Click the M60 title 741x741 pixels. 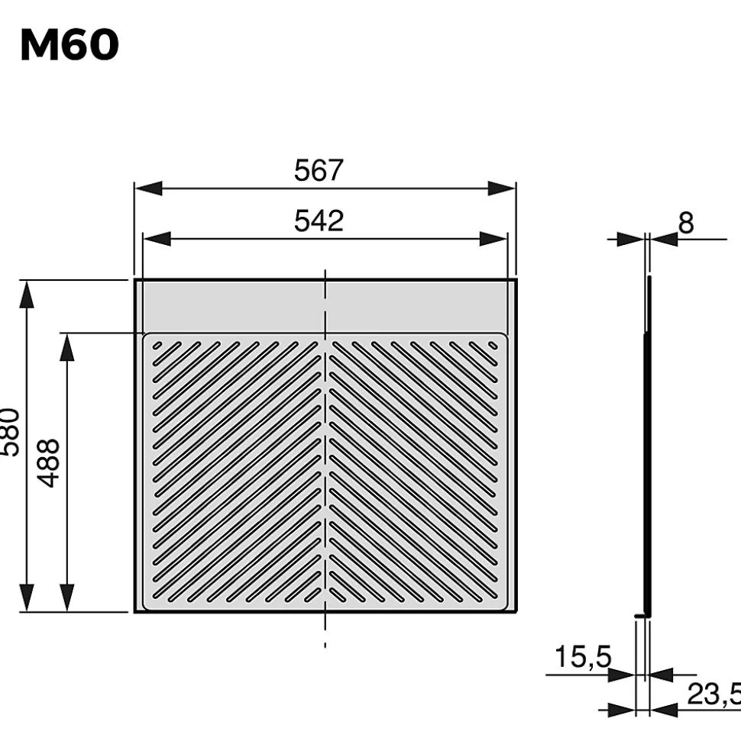point(70,47)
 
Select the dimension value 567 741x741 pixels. point(319,171)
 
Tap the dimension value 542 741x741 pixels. point(319,221)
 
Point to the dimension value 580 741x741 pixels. point(9,443)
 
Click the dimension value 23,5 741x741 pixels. point(712,694)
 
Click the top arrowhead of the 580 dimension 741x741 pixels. point(27,294)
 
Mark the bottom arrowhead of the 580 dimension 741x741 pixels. point(27,598)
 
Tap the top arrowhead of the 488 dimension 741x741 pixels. point(67,346)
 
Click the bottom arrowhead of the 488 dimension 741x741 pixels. point(67,598)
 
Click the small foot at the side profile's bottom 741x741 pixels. point(640,614)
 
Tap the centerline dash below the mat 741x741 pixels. point(325,646)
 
